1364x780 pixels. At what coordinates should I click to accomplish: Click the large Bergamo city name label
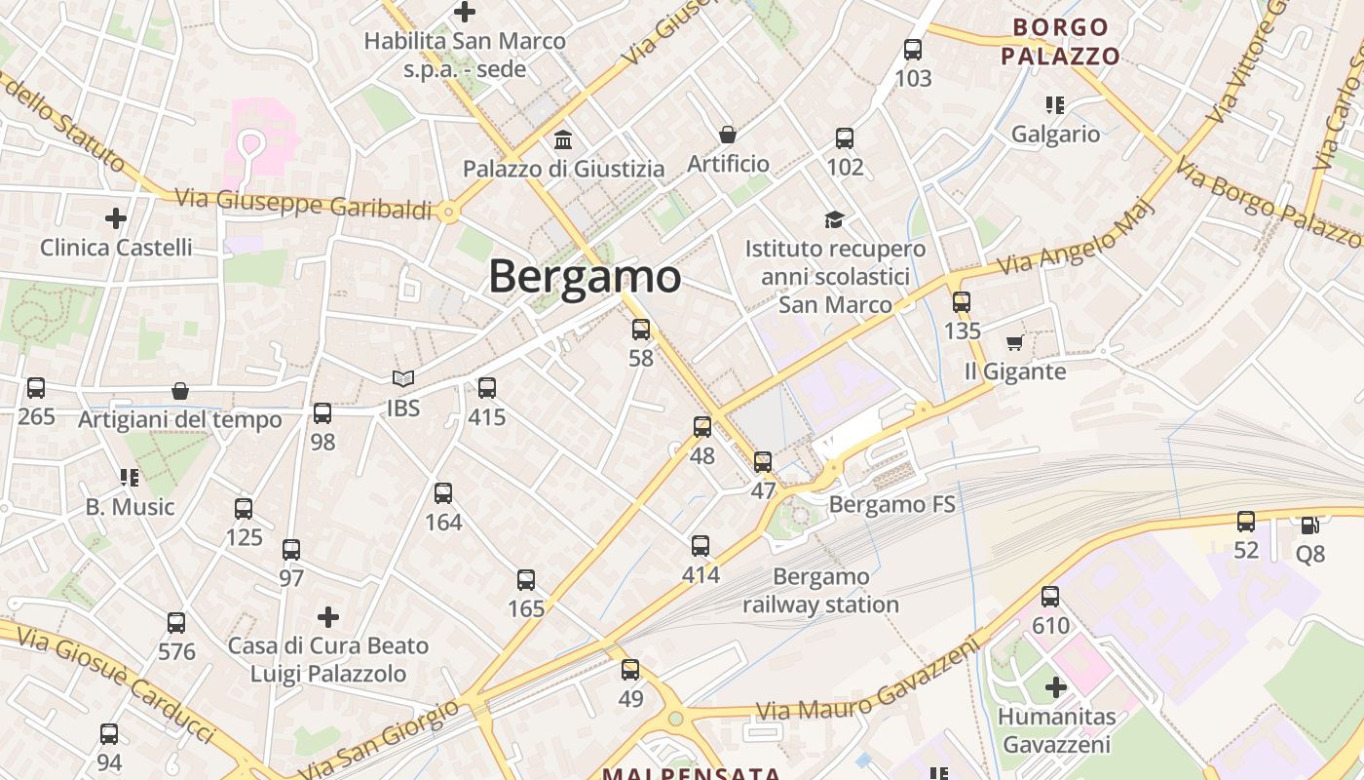click(x=585, y=276)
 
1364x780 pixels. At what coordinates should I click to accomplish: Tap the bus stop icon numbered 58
click(x=640, y=330)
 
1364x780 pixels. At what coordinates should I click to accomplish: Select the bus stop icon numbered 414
click(x=701, y=546)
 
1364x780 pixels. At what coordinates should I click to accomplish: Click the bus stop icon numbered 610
click(x=1049, y=597)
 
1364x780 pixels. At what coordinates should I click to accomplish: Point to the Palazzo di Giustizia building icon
click(x=563, y=139)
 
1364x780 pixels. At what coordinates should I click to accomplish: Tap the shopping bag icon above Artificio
click(x=727, y=135)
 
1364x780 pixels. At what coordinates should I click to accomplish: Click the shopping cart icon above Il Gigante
click(x=1014, y=342)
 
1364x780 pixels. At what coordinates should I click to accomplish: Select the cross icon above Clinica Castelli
click(x=116, y=218)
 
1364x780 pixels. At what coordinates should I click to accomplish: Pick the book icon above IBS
click(x=402, y=378)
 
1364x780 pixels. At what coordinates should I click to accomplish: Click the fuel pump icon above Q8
click(x=1309, y=525)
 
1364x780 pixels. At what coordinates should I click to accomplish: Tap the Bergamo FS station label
click(x=891, y=504)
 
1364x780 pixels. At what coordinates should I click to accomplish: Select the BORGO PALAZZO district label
click(x=1060, y=41)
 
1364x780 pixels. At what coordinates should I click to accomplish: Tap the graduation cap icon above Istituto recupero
click(x=834, y=219)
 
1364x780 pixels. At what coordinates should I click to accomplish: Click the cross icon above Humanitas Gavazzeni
click(x=1055, y=688)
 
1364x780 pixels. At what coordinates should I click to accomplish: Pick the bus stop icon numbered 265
click(x=36, y=388)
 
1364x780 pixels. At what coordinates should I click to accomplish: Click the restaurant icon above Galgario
click(x=1054, y=104)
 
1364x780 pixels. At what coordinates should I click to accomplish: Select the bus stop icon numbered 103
click(x=912, y=50)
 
